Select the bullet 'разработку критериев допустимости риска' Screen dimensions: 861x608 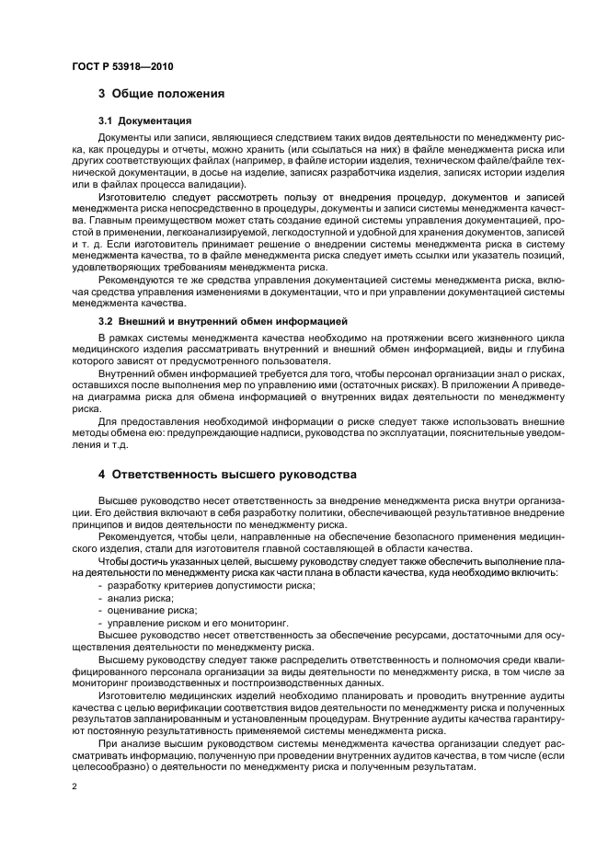[x=211, y=585]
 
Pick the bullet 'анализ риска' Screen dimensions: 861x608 [x=141, y=598]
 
